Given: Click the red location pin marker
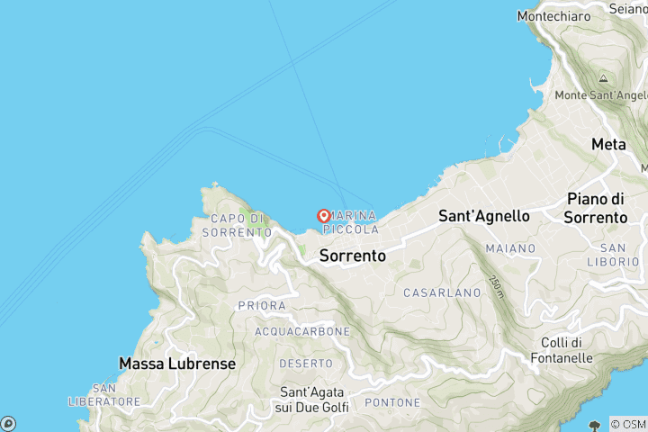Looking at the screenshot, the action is pyautogui.click(x=324, y=216).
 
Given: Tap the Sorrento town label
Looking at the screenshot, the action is pyautogui.click(x=353, y=256).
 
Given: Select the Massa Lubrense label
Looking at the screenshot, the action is pyautogui.click(x=177, y=364).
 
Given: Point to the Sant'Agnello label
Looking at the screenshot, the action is pyautogui.click(x=483, y=216).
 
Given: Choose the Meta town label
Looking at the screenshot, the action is pyautogui.click(x=608, y=144).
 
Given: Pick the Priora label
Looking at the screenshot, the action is pyautogui.click(x=262, y=306).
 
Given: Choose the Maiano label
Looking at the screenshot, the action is pyautogui.click(x=510, y=247).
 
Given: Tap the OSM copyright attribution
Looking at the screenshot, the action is pyautogui.click(x=627, y=424).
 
